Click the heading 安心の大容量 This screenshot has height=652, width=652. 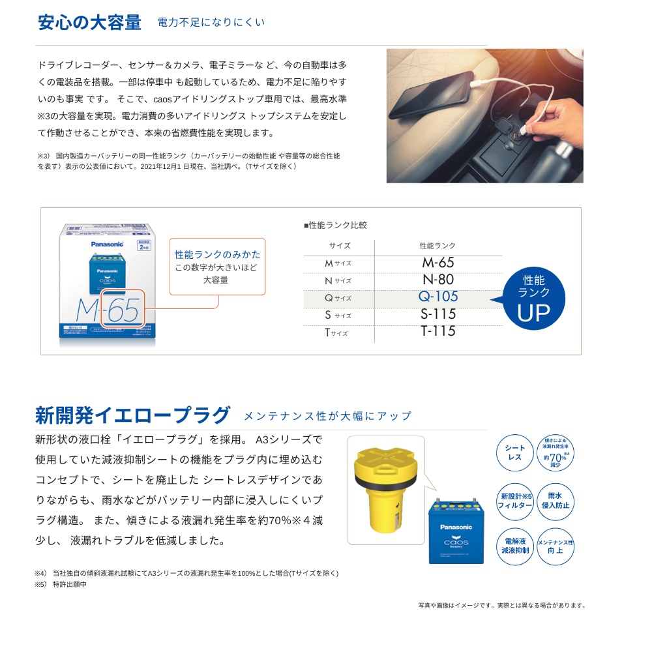90,22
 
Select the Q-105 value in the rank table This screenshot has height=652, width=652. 438,297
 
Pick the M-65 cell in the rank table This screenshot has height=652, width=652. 438,263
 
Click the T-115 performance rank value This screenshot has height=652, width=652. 438,331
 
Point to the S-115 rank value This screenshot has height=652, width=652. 438,314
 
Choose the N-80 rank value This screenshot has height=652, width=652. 438,280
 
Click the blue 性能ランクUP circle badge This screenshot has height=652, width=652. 533,299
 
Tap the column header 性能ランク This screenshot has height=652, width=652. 437,246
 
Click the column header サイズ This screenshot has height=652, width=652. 339,246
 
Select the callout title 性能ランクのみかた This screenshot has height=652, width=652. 217,254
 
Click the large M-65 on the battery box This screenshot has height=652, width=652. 108,312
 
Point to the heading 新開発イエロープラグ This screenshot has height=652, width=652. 133,415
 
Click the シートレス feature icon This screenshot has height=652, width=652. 515,453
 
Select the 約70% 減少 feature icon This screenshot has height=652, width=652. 556,453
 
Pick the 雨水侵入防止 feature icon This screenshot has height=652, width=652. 556,500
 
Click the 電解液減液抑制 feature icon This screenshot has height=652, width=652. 515,546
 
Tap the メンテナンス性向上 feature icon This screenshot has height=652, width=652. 556,546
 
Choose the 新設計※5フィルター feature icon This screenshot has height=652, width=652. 515,500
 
